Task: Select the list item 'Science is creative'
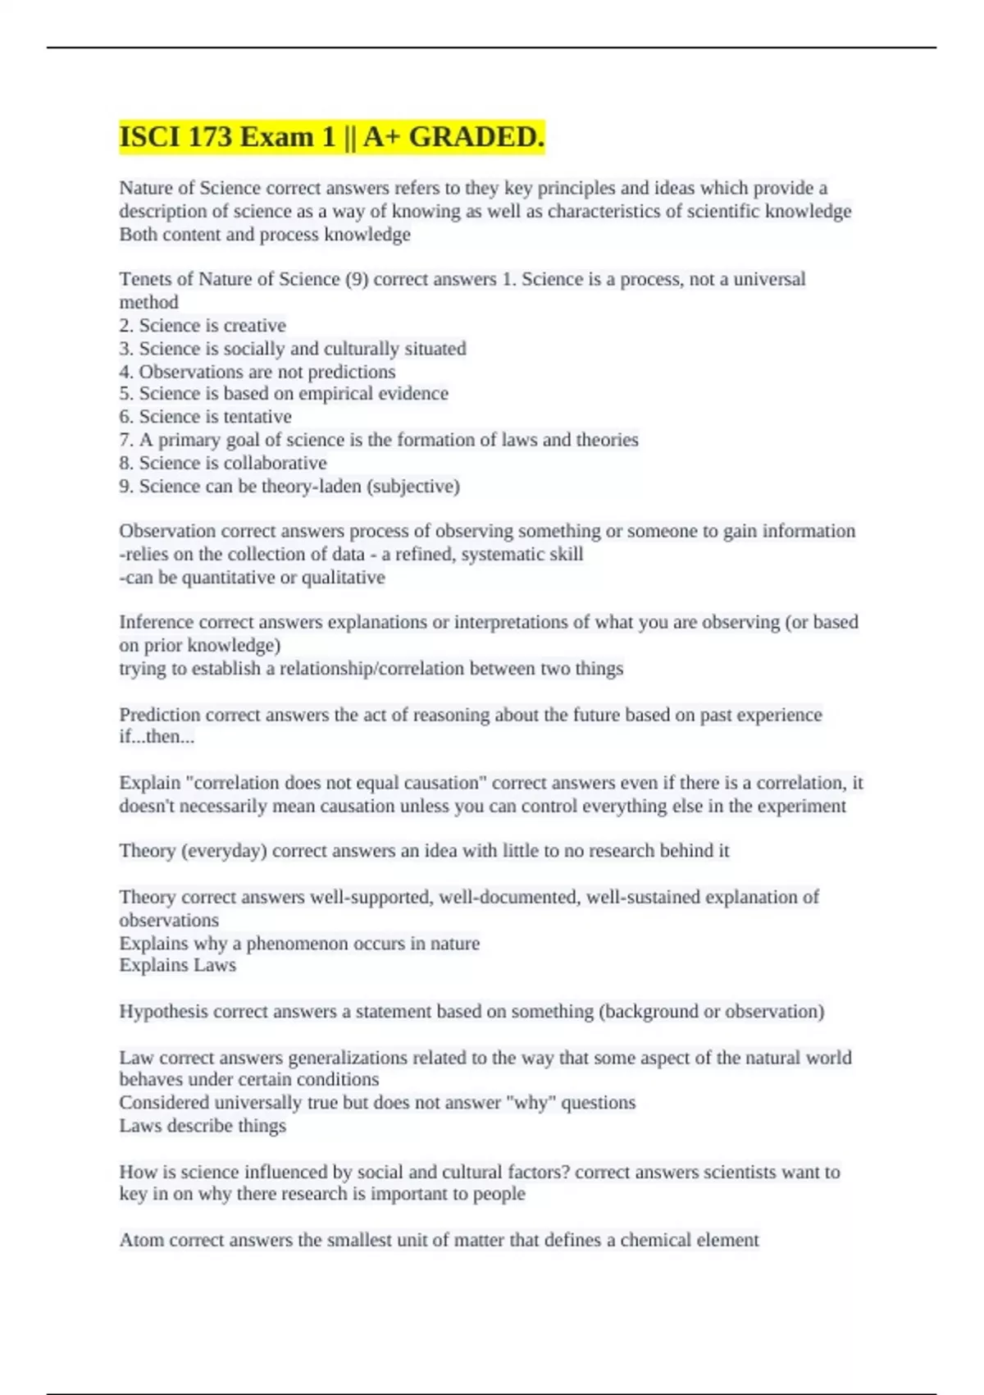click(212, 325)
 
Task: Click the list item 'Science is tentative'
click(215, 417)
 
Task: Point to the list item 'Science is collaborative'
click(232, 463)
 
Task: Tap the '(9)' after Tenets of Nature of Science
click(357, 279)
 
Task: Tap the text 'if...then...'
click(157, 737)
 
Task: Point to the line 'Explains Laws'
click(177, 966)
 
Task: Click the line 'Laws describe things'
click(203, 1126)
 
